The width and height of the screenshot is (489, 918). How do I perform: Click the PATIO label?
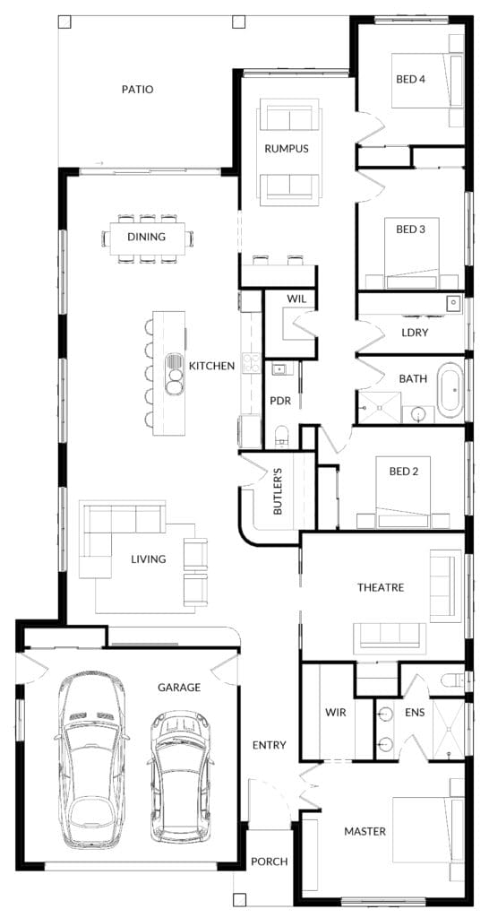point(137,90)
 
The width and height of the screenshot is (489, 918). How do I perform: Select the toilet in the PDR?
point(282,437)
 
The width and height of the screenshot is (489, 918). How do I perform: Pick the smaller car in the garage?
point(181,777)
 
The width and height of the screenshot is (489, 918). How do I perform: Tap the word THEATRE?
point(381,587)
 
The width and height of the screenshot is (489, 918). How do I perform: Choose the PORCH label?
point(269,862)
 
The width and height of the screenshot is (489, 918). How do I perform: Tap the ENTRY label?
point(269,745)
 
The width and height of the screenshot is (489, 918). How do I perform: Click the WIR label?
point(336,713)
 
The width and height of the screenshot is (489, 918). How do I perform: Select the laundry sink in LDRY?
point(453,303)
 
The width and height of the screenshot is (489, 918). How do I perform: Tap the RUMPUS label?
point(286,149)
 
